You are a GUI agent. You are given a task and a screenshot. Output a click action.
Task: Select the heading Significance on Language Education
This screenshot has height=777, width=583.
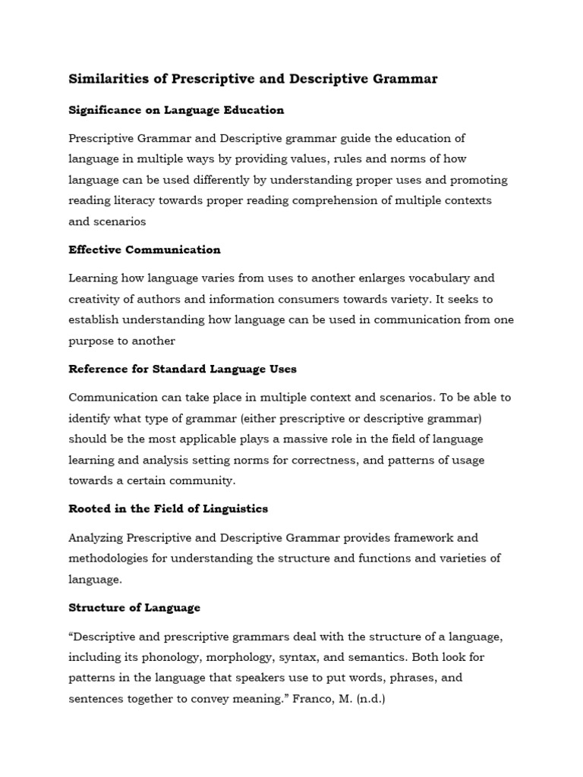pyautogui.click(x=176, y=110)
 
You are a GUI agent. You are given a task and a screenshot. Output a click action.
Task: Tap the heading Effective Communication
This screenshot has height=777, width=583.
pyautogui.click(x=144, y=250)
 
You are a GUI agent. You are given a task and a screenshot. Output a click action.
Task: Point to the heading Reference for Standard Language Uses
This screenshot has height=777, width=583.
pyautogui.click(x=182, y=369)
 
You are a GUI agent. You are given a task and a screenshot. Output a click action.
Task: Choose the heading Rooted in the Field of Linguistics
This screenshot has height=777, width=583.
pyautogui.click(x=168, y=508)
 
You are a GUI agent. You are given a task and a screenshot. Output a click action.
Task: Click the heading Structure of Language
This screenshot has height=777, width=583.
pyautogui.click(x=134, y=608)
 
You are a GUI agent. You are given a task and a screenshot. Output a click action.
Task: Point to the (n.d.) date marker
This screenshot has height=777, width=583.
pyautogui.click(x=368, y=698)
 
